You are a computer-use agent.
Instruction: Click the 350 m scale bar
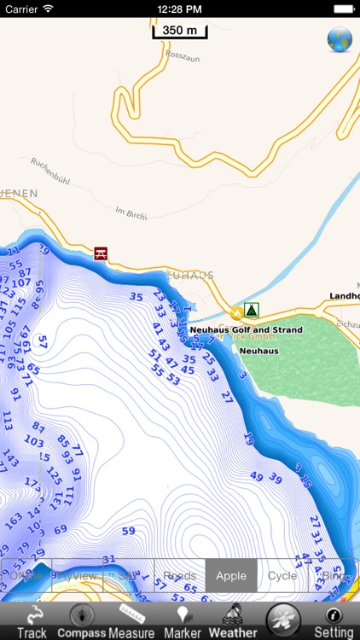point(179,32)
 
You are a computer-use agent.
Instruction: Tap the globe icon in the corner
point(340,40)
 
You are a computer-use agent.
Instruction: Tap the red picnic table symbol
point(101,253)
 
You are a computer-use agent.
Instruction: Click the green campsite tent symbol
point(251,309)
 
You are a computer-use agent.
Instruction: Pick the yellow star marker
point(236,314)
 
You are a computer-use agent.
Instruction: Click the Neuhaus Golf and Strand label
point(246,329)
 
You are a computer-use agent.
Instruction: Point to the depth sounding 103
point(33,441)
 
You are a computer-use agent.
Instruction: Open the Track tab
point(32,621)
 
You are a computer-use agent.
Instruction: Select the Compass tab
point(82,621)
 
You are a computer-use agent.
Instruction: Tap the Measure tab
point(131,621)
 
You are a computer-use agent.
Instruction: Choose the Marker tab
point(182,621)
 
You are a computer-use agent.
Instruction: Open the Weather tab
point(232,621)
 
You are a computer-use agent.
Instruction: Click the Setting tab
point(334,621)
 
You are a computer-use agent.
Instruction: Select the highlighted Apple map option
point(231,576)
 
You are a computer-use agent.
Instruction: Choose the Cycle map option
point(282,576)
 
